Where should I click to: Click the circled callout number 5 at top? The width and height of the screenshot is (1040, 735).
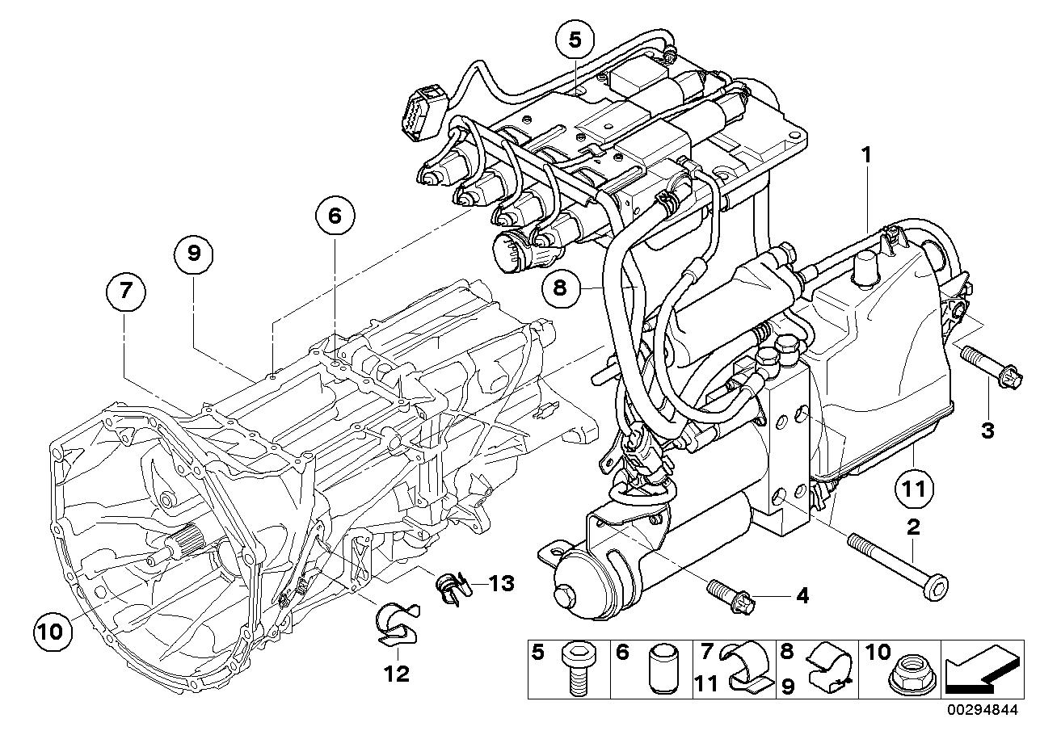click(575, 38)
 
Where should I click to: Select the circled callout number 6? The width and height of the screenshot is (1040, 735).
click(335, 216)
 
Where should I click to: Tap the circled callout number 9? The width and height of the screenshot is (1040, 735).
click(194, 254)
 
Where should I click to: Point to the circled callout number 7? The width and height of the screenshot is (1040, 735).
click(125, 292)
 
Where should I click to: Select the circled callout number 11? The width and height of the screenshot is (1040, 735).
click(915, 488)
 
